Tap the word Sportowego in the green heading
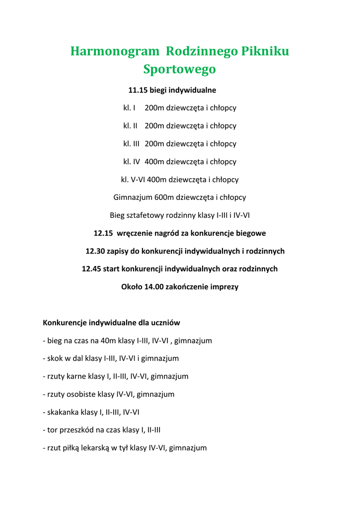(180, 69)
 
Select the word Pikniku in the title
(265, 51)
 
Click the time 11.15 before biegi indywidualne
(138, 90)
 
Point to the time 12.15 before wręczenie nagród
(104, 233)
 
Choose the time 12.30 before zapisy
(95, 251)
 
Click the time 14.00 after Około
(154, 287)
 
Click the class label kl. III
(132, 144)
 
